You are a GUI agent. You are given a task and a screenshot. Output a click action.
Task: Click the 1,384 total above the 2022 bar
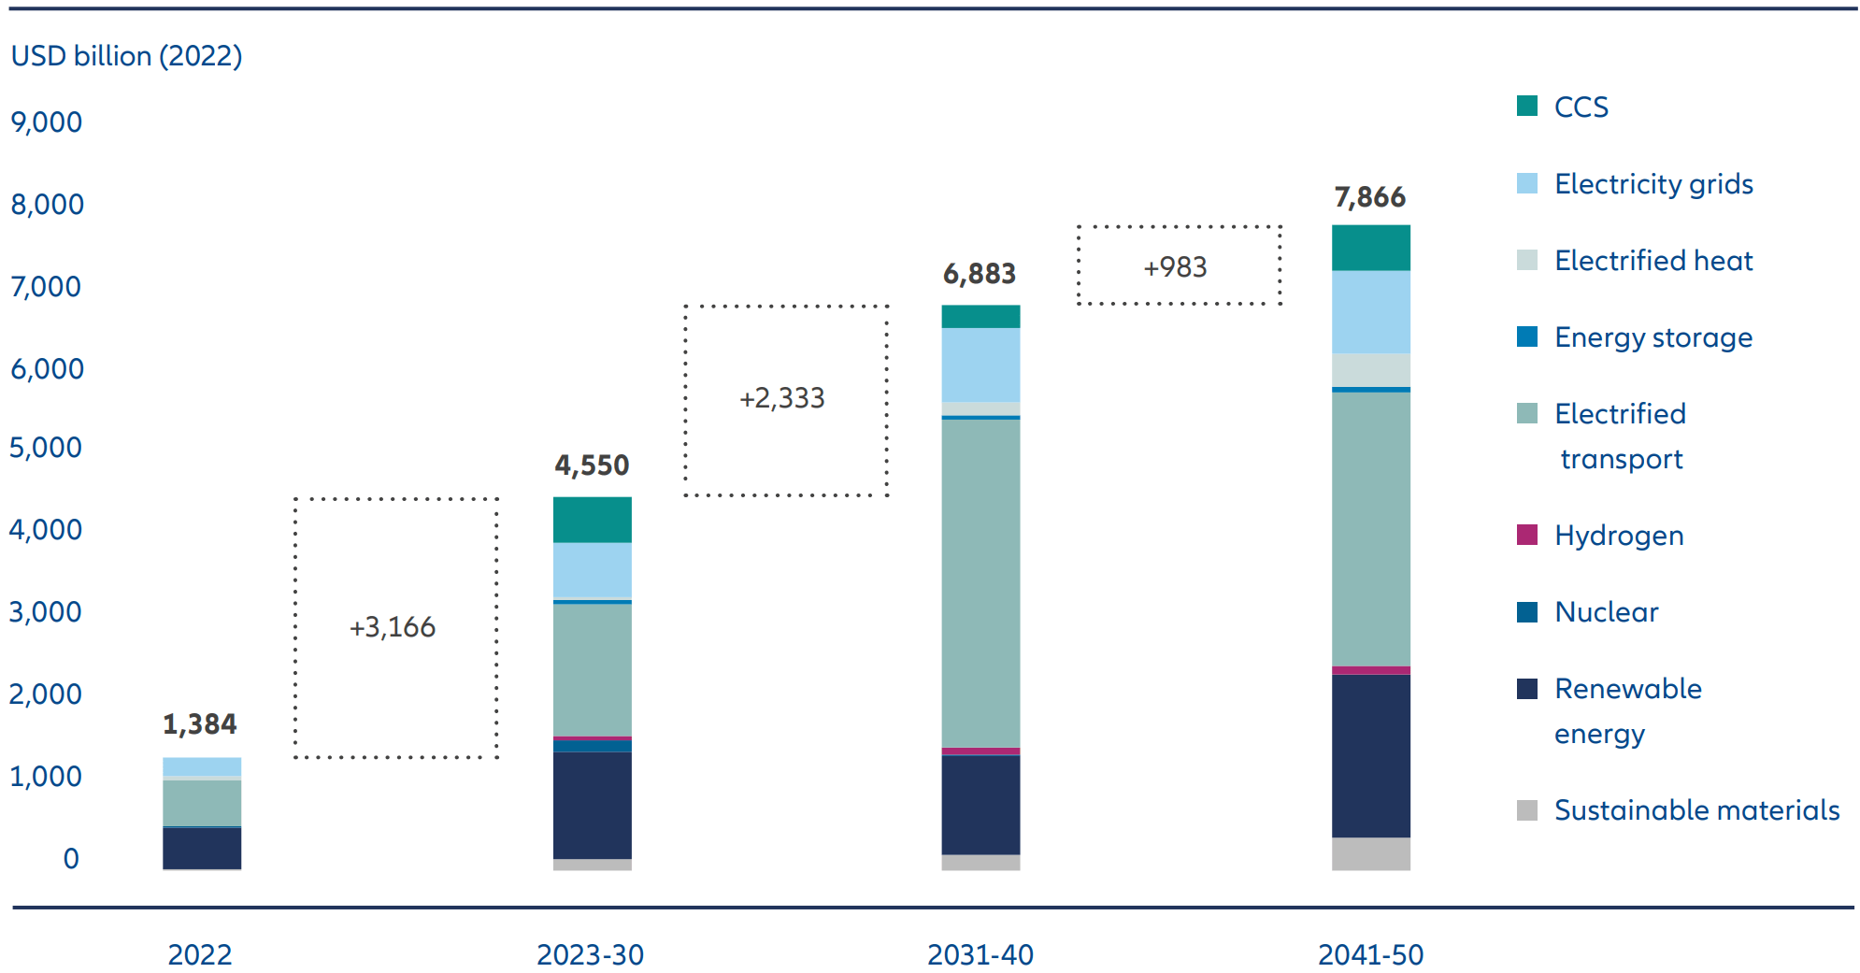(199, 724)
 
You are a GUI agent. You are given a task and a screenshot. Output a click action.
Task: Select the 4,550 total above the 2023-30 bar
(592, 465)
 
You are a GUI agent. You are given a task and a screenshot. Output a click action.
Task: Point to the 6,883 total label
(979, 274)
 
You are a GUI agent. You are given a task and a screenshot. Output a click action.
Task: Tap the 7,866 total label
(1369, 197)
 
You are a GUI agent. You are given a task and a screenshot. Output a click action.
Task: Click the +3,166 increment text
(393, 627)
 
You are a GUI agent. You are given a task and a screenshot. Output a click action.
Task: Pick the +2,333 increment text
(782, 399)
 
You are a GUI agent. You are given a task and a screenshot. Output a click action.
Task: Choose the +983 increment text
(1176, 268)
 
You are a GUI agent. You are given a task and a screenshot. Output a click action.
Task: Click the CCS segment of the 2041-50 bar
(1370, 249)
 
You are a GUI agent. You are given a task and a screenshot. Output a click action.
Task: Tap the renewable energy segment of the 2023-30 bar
(592, 805)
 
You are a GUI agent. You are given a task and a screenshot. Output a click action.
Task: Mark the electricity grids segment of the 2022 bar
(202, 766)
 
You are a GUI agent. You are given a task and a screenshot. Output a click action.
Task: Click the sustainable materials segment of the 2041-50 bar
(1370, 853)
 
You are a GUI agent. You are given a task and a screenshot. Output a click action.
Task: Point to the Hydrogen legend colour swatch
(1526, 535)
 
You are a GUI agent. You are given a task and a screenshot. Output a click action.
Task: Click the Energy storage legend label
(1653, 337)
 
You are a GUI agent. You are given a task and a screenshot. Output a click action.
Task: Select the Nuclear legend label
(1606, 612)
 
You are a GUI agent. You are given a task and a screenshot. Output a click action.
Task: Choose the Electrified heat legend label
(1653, 261)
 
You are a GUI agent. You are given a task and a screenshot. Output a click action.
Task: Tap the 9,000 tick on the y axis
(47, 122)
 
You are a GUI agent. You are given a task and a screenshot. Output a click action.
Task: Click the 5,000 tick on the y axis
(46, 448)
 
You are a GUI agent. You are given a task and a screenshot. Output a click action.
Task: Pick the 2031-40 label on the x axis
(980, 955)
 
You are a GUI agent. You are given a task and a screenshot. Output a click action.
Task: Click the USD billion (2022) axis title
(127, 56)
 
